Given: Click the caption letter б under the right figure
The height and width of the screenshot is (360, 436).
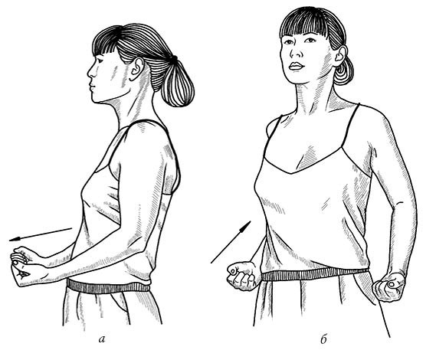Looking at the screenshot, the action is [323, 339].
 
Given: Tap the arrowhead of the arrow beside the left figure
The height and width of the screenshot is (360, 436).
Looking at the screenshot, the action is [15, 239].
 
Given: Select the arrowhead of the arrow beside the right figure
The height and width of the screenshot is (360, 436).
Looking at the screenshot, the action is [246, 226].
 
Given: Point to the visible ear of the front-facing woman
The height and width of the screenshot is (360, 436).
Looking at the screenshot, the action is [340, 56].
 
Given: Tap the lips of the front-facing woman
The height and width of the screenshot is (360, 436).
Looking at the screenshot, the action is [296, 66].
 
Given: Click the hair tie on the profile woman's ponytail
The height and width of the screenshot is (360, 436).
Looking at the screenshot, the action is [174, 59].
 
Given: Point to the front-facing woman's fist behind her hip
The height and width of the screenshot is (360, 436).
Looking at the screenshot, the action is [388, 286].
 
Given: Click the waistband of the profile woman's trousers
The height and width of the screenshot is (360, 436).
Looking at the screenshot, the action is [109, 286].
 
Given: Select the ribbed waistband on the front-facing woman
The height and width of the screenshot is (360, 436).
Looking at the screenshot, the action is [315, 274].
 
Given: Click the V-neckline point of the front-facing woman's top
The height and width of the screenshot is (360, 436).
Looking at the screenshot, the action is [291, 172].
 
